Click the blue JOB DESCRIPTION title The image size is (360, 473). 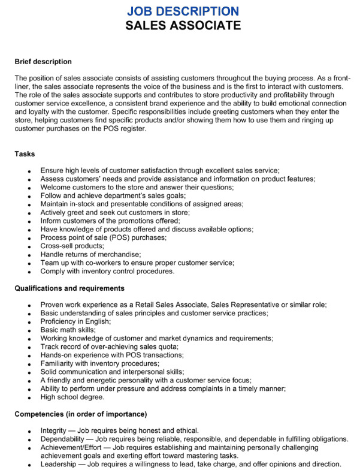183,11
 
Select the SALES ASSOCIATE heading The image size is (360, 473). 183,26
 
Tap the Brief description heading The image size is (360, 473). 43,62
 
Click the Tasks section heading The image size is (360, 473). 25,154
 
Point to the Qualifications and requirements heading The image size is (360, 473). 69,288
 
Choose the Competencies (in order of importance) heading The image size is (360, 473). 81,414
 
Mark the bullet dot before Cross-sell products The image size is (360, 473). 29,246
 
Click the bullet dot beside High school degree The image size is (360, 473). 29,397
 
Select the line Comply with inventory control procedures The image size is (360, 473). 107,271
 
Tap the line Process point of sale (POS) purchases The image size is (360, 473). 104,237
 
